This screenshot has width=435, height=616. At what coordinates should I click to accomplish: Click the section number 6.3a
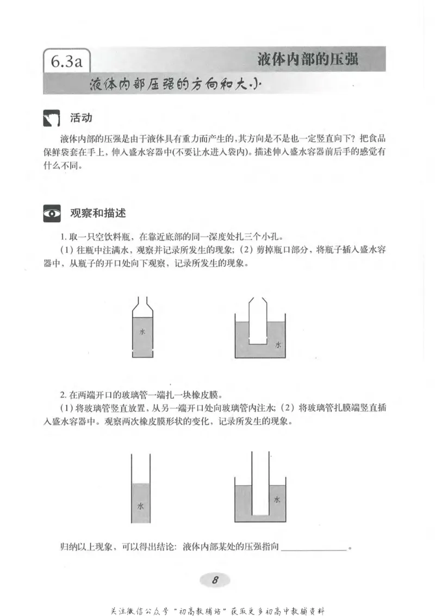point(66,60)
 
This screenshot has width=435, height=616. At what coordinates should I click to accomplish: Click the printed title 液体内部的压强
point(308,59)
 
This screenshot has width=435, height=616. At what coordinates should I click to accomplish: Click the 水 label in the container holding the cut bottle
point(278,345)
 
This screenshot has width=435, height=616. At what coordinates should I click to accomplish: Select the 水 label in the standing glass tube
point(141,506)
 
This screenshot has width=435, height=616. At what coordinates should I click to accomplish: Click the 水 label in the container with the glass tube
point(277,499)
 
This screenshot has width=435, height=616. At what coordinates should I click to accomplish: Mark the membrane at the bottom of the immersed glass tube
point(261,515)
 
